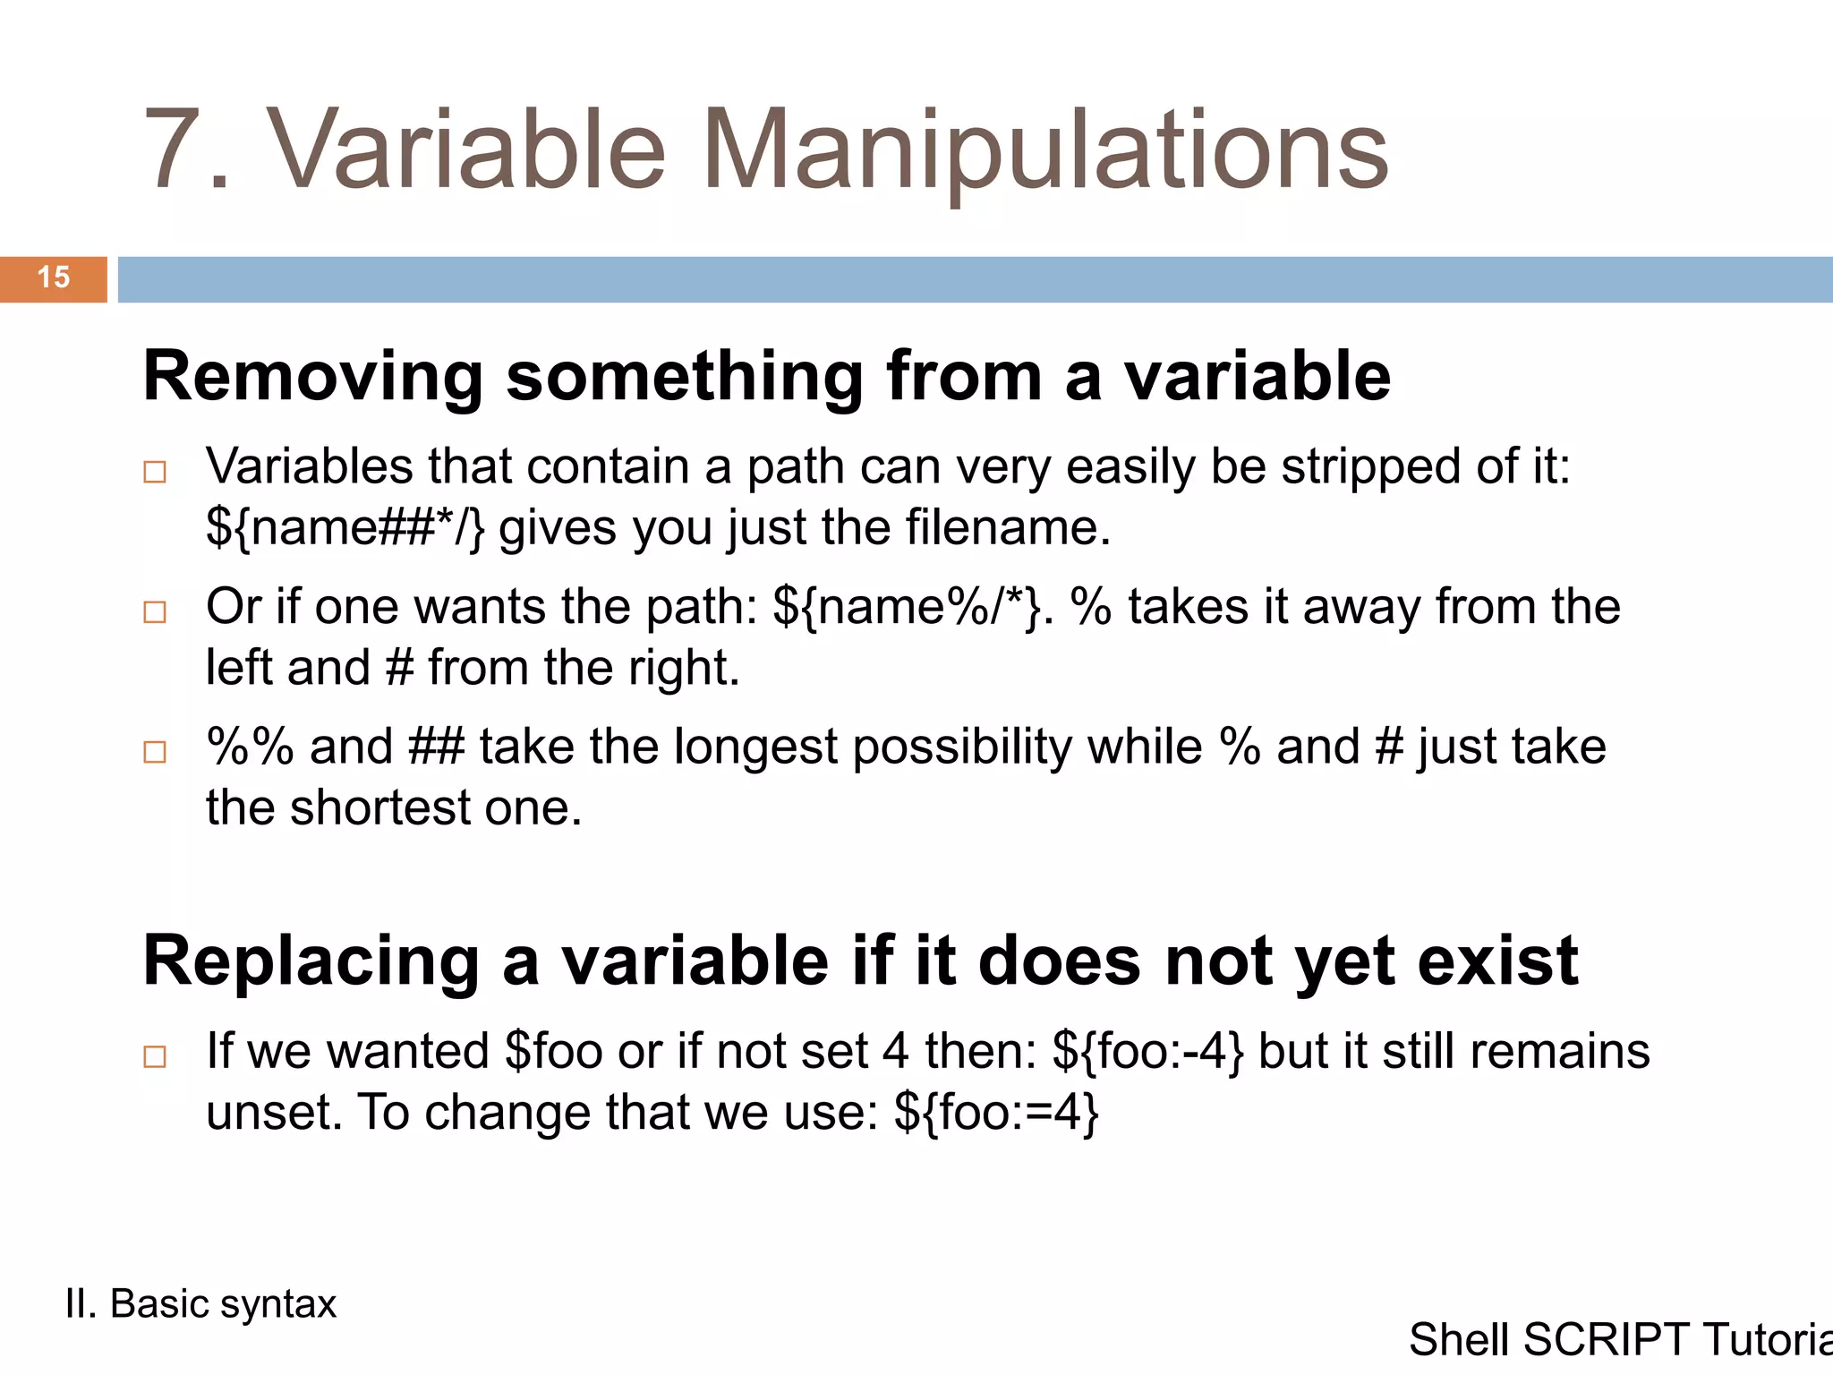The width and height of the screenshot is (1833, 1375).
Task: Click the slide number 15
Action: (x=54, y=278)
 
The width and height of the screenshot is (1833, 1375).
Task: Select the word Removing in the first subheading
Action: (x=312, y=377)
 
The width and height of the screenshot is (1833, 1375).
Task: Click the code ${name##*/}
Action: (x=345, y=527)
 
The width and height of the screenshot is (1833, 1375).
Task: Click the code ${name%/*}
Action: (x=907, y=607)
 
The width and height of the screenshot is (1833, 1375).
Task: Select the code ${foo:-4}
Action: (x=1147, y=1052)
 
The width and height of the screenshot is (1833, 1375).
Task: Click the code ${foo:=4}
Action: (x=996, y=1114)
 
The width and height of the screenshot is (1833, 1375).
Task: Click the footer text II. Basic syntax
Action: (x=200, y=1304)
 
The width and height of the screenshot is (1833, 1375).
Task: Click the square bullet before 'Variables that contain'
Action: (x=155, y=472)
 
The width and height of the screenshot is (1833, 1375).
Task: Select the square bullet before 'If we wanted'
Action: (x=155, y=1056)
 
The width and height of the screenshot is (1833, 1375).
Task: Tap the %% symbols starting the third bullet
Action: (x=250, y=747)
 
